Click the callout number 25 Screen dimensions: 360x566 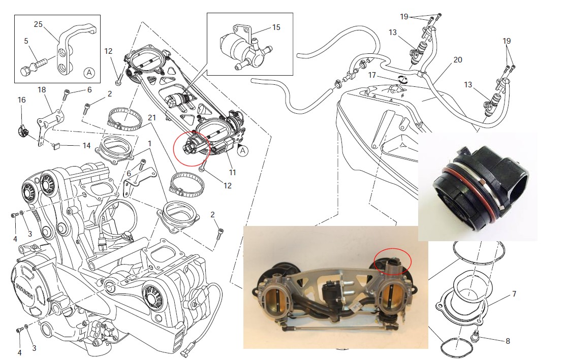[38, 24]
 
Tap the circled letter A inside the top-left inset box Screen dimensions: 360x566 [89, 73]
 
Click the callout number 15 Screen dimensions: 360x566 [276, 27]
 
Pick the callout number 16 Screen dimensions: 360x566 [21, 100]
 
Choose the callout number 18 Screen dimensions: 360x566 [42, 90]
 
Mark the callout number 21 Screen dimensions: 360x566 [151, 118]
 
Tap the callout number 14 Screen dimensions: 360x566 [87, 146]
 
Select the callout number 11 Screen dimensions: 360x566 [232, 173]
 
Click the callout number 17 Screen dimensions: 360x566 [372, 75]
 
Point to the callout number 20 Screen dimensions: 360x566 [458, 59]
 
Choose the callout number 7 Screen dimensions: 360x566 [514, 294]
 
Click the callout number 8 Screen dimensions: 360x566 [508, 341]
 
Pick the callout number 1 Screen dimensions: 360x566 [149, 144]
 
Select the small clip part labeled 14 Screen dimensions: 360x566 [57, 147]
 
